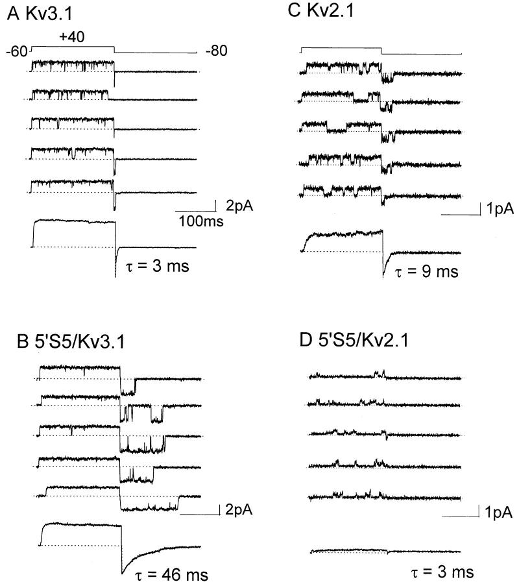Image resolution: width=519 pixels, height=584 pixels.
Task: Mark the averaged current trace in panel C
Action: (x=344, y=234)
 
